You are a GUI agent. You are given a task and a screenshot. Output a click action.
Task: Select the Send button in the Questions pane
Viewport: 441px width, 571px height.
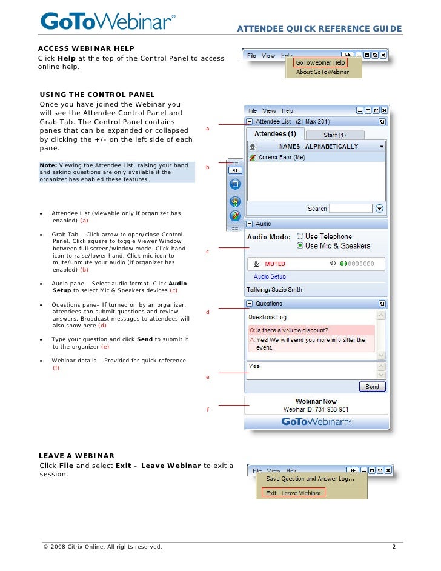click(372, 387)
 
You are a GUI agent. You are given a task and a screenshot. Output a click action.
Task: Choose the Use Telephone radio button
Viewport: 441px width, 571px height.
click(300, 236)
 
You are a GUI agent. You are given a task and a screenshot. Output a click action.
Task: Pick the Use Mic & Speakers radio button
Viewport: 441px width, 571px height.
click(300, 245)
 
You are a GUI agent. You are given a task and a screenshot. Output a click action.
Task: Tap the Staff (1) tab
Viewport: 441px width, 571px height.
click(334, 135)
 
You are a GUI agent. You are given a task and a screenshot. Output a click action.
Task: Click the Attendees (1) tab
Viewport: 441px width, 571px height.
click(274, 134)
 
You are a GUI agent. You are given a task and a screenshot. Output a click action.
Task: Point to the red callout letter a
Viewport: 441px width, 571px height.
click(208, 129)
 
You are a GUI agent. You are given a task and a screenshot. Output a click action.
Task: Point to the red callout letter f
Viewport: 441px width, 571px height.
click(208, 410)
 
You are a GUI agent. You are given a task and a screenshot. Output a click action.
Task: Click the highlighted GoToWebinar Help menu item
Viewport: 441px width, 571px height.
click(320, 62)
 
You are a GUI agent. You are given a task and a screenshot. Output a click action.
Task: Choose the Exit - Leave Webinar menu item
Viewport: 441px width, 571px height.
click(293, 493)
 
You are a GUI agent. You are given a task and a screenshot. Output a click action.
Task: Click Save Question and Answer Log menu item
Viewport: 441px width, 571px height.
click(310, 479)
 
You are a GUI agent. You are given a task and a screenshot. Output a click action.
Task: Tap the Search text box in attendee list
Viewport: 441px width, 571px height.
click(351, 209)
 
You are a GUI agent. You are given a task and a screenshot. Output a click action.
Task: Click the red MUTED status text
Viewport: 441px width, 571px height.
click(275, 264)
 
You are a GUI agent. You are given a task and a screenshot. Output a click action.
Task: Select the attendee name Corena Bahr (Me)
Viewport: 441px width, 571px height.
click(282, 157)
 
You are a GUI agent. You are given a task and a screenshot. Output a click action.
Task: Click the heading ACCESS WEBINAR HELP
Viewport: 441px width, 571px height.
click(86, 48)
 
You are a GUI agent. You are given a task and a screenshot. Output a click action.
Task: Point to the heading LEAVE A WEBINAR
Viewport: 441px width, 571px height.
click(76, 455)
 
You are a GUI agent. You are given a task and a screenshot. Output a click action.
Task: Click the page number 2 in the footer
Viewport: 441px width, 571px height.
click(394, 547)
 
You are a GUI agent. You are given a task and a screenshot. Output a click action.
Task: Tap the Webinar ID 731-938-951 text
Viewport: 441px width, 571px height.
click(316, 410)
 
